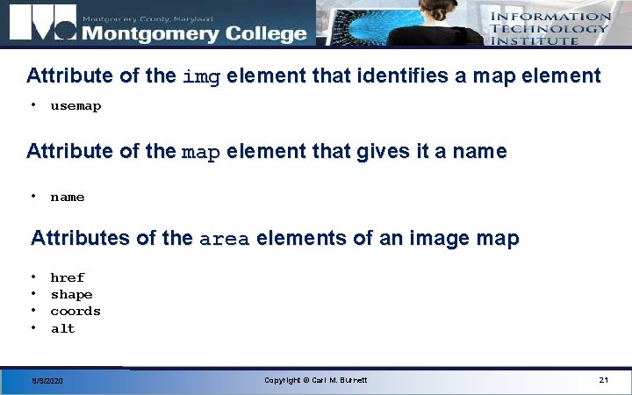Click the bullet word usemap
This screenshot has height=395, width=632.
[x=75, y=106]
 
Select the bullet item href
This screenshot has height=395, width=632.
[x=68, y=277]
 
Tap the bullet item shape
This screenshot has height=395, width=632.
[x=71, y=294]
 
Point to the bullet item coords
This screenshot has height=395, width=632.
[x=75, y=311]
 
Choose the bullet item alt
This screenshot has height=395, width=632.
[x=63, y=328]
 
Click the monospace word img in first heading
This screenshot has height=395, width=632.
[x=201, y=76]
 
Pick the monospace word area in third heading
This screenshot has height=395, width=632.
[x=225, y=239]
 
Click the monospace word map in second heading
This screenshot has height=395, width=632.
[x=200, y=152]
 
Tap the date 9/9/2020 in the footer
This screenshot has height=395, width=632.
[x=47, y=381]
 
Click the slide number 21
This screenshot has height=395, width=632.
[x=603, y=379]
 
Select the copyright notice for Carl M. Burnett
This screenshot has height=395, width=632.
[x=316, y=379]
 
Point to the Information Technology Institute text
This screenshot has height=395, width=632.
[x=549, y=28]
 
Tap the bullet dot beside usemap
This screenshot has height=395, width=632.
[x=32, y=105]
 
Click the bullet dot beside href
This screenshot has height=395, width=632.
[x=32, y=277]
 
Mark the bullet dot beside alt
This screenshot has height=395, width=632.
[x=32, y=328]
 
